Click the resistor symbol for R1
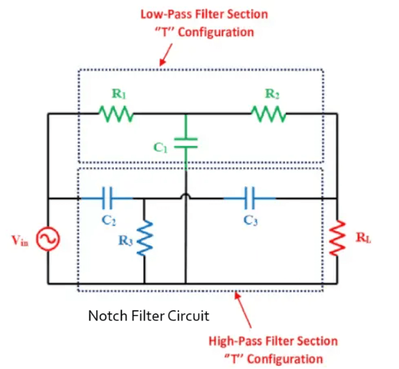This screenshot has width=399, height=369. click(117, 115)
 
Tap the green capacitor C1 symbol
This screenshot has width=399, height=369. click(187, 144)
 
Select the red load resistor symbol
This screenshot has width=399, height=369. click(336, 239)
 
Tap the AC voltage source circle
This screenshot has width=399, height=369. click(48, 240)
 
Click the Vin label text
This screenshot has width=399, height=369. click(21, 241)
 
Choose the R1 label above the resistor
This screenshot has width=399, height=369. click(118, 94)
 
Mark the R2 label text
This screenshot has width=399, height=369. click(273, 94)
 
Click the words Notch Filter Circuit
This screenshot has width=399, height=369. click(148, 316)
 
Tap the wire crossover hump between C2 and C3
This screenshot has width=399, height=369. click(187, 196)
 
